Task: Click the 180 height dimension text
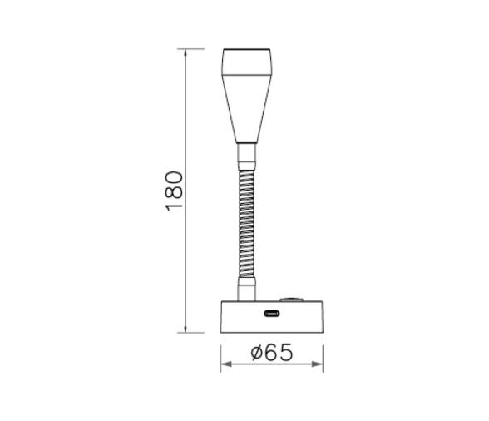click(174, 191)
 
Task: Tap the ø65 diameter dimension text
click(272, 353)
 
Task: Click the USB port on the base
click(272, 315)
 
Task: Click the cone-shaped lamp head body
click(246, 108)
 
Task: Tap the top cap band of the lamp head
click(246, 62)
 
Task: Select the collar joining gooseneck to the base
click(246, 290)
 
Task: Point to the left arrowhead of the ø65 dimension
click(224, 366)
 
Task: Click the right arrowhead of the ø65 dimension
click(320, 366)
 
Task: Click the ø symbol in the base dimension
click(257, 353)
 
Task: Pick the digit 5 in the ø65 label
click(287, 353)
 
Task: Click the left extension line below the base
click(220, 354)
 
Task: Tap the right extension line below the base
click(324, 354)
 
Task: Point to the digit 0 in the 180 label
click(174, 176)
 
